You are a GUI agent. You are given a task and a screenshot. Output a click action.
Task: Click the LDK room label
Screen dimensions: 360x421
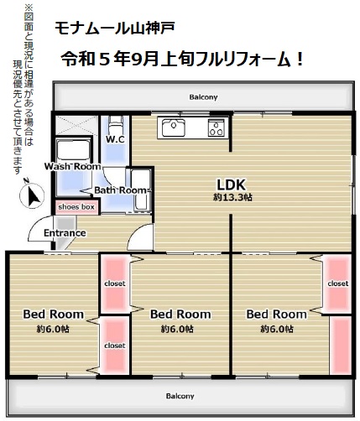tap(232, 185)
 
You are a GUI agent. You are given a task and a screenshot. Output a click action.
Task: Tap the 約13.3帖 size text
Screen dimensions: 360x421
tap(232, 197)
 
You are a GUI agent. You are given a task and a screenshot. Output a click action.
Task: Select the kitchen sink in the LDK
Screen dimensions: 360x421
tap(171, 127)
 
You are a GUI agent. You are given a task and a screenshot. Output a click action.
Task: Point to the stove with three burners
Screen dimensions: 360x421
tap(217, 127)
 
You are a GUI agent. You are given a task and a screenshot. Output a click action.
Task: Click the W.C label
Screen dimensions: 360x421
tap(115, 139)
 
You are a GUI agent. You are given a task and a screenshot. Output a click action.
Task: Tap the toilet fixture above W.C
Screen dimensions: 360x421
tap(116, 125)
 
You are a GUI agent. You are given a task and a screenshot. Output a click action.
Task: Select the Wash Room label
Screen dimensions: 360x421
tap(72, 166)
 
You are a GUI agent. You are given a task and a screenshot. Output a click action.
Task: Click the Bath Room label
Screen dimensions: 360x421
tap(120, 190)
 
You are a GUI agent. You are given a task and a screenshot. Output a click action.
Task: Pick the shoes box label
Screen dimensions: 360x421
tap(76, 207)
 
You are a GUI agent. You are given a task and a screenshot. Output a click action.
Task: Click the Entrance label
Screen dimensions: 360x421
tap(65, 233)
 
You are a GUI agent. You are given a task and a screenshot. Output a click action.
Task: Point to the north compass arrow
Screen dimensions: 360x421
tap(34, 195)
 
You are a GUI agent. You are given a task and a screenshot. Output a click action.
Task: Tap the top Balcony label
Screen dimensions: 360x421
tap(203, 97)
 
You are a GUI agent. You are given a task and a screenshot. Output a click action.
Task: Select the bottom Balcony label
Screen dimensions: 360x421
tap(180, 396)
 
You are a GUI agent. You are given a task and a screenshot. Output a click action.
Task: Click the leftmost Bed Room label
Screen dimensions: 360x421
tap(54, 314)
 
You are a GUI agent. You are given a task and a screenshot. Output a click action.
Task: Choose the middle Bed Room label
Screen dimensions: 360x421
tap(180, 314)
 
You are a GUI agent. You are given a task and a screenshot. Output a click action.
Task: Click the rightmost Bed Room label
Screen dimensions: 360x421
tap(277, 314)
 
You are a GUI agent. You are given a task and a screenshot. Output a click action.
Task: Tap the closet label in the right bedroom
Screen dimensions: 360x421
tap(338, 283)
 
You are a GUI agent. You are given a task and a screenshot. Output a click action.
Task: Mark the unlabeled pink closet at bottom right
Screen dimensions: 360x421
tap(341, 346)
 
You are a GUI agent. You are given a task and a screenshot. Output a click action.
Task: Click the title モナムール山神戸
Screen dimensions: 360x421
tap(115, 29)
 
